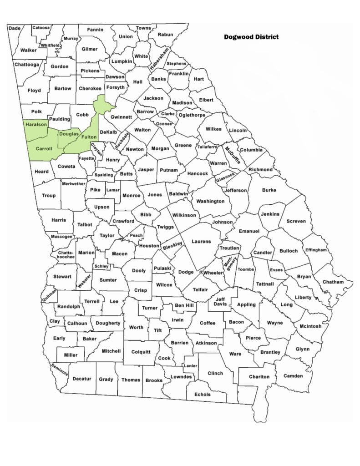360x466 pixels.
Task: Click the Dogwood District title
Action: point(251,37)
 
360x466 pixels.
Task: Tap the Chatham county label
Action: point(333,282)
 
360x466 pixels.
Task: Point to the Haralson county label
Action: point(36,125)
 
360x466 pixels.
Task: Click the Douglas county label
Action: point(68,134)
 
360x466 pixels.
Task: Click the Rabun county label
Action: point(165,35)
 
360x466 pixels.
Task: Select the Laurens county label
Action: point(201,241)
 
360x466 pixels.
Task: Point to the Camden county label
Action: point(293,376)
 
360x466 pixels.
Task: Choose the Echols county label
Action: point(203,395)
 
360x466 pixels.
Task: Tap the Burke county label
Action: point(269,190)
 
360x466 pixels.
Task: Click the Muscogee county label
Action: point(61,237)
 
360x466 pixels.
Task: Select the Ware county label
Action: point(235,354)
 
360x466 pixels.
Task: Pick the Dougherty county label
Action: point(108,323)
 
